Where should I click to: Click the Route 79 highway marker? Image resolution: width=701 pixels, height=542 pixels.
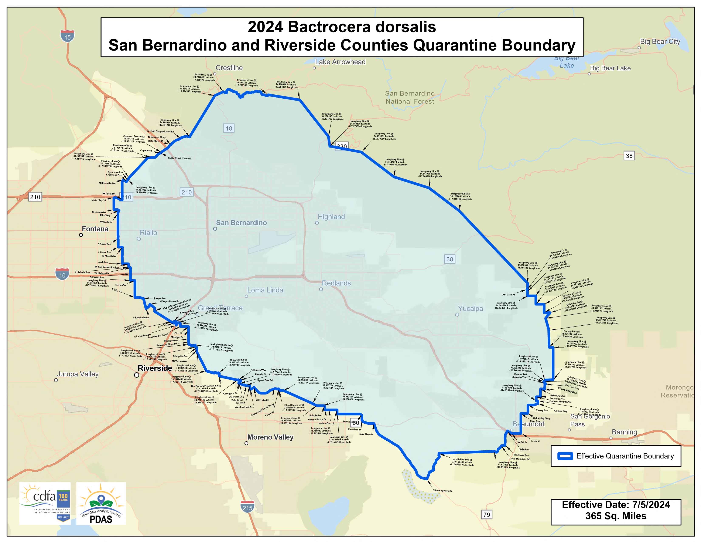[x=487, y=514]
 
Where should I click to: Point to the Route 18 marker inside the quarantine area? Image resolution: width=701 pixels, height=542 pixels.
[x=229, y=128]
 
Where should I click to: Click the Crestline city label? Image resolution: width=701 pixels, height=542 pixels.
[x=229, y=68]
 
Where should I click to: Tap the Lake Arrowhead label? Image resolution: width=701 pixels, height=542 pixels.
[x=340, y=62]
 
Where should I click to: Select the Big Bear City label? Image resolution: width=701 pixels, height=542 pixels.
[x=660, y=41]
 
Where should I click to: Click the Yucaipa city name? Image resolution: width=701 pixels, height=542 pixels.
[x=470, y=309]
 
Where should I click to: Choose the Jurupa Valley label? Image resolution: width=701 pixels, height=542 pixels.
[x=78, y=374]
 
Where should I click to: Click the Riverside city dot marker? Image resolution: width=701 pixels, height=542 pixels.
[x=136, y=375]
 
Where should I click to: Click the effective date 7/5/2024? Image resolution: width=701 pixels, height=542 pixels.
[x=651, y=505]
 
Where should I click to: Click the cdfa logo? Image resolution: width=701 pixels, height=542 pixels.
[x=45, y=503]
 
